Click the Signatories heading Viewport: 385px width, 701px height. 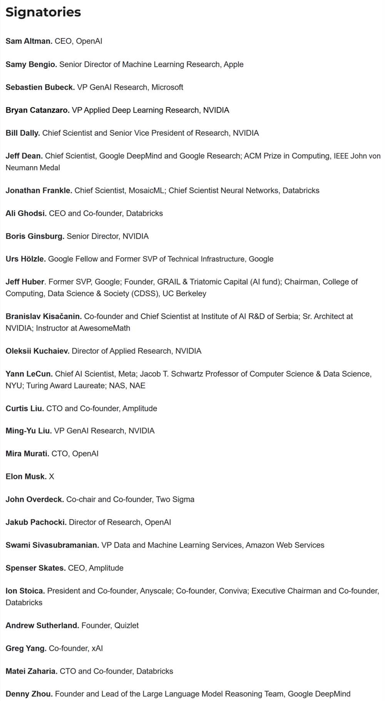pos(43,12)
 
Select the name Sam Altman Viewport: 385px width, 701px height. pos(29,41)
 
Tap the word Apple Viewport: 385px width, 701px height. pos(233,64)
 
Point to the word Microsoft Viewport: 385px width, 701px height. pos(167,87)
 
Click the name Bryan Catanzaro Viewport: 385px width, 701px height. pos(37,110)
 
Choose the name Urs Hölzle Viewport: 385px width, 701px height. pos(25,259)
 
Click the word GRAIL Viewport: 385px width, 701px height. pos(169,282)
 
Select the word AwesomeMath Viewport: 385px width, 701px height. pos(104,328)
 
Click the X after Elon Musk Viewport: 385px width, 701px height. pos(52,476)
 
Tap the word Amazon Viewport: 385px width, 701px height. pos(260,545)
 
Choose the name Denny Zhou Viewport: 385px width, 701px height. pos(29,694)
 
